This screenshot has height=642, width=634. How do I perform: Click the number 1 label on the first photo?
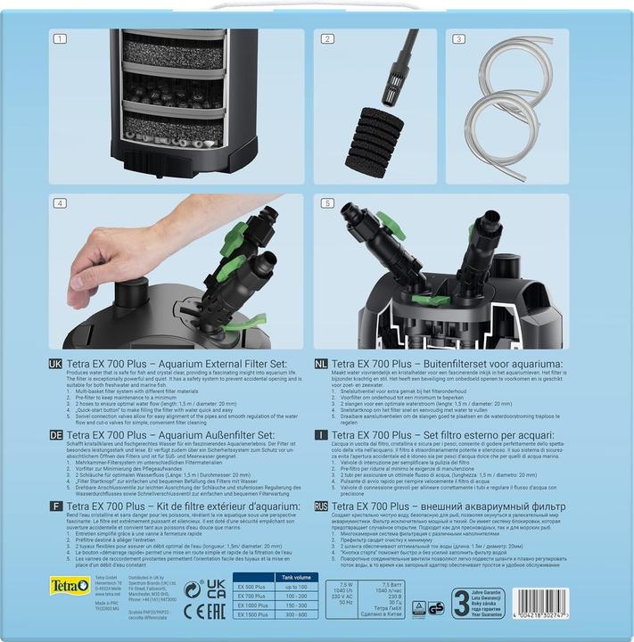pos(61,39)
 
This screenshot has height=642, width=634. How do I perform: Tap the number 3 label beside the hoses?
pos(459,39)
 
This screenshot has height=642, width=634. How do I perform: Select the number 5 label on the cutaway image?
pos(326,204)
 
